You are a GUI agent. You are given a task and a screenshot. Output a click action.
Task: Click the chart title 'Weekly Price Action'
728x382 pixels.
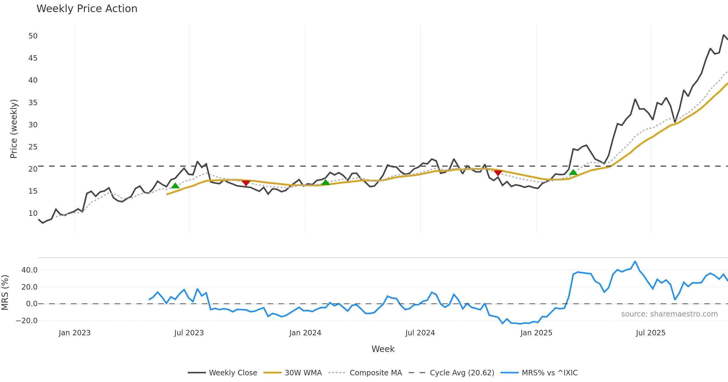pyautogui.click(x=87, y=9)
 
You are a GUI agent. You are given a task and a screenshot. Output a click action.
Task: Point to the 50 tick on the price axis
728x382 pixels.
pyautogui.click(x=33, y=36)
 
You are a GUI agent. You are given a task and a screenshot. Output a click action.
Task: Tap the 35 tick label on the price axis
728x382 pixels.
pyautogui.click(x=33, y=103)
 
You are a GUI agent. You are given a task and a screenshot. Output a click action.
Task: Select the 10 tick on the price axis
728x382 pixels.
pyautogui.click(x=33, y=213)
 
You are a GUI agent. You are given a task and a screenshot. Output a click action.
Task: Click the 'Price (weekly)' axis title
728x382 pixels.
pyautogui.click(x=14, y=129)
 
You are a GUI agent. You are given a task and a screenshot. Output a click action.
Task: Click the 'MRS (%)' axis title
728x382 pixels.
pyautogui.click(x=5, y=293)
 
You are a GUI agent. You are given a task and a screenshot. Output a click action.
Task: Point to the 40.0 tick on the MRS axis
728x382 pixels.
pyautogui.click(x=29, y=270)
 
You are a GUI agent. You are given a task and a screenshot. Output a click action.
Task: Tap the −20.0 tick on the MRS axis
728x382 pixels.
pyautogui.click(x=27, y=321)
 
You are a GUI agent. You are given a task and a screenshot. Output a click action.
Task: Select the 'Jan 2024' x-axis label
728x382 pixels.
pyautogui.click(x=305, y=333)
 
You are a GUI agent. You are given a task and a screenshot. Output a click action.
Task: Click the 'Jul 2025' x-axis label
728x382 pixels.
pyautogui.click(x=651, y=333)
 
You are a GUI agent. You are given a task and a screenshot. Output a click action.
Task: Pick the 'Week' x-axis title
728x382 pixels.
pyautogui.click(x=383, y=349)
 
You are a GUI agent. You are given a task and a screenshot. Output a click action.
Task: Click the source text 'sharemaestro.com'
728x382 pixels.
pyautogui.click(x=669, y=314)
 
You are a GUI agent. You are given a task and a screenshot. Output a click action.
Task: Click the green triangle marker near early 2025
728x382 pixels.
pyautogui.click(x=573, y=173)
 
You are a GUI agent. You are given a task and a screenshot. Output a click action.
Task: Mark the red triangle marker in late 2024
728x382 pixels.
pyautogui.click(x=498, y=173)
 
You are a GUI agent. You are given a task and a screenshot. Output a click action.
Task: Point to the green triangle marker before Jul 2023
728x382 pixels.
pyautogui.click(x=175, y=186)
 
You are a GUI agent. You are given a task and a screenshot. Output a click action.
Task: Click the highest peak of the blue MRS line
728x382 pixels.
pyautogui.click(x=635, y=261)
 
